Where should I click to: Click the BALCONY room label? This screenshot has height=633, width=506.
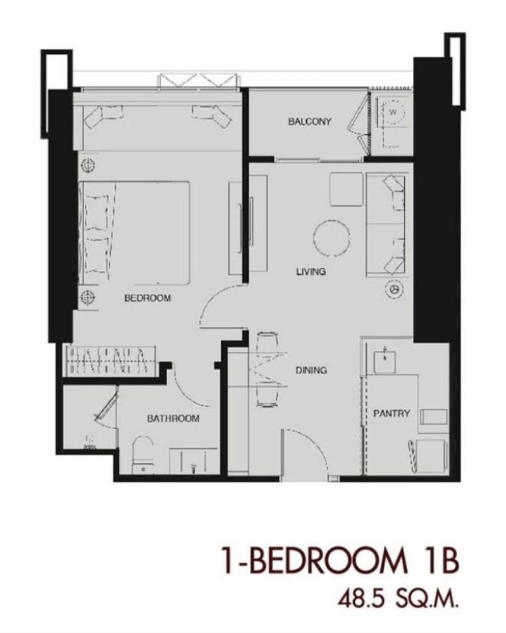tap(309, 121)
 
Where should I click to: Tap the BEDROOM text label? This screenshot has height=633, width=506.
tap(147, 298)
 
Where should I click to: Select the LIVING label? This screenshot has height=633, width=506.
tap(311, 272)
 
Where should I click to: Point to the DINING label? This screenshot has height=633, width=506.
tap(311, 370)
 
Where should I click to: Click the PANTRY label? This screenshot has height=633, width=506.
tap(392, 413)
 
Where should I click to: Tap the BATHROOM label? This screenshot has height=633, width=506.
tap(173, 418)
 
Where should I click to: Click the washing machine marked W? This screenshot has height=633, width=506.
tap(392, 112)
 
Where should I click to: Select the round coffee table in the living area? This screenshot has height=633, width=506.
tap(331, 237)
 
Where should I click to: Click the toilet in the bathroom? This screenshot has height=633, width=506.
tap(143, 454)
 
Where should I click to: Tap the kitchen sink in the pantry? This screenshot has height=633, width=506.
tap(385, 361)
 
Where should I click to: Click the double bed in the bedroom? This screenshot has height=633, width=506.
tap(135, 233)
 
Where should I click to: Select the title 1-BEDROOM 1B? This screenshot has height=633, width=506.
tap(340, 560)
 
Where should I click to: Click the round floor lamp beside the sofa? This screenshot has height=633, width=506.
tap(394, 289)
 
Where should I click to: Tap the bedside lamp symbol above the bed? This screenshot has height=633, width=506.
tap(87, 165)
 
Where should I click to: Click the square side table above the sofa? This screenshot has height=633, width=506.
tap(346, 189)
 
